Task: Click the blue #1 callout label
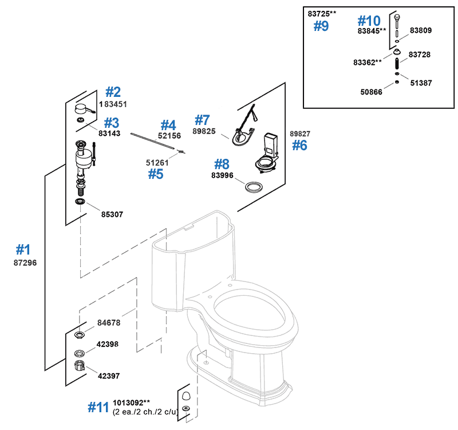click(x=23, y=249)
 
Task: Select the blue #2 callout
click(x=113, y=92)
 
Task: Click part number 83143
click(x=110, y=133)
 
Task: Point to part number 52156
click(x=169, y=136)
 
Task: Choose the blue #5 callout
click(x=155, y=174)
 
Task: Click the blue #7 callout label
click(x=202, y=120)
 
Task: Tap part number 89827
click(x=300, y=134)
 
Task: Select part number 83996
click(x=223, y=175)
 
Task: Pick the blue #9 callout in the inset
click(x=321, y=26)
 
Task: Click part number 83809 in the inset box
click(x=420, y=30)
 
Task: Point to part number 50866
click(x=372, y=92)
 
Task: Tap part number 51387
click(x=421, y=83)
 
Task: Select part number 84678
click(x=109, y=323)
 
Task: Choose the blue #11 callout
click(x=98, y=407)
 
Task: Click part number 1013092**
click(x=132, y=403)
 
